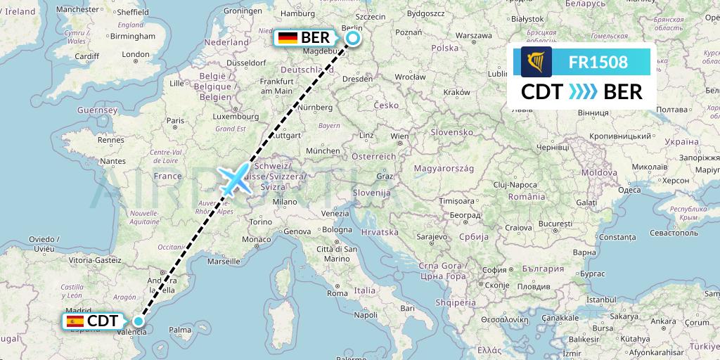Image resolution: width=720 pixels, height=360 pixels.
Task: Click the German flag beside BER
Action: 287,38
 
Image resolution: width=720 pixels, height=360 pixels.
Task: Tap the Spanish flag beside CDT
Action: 74,321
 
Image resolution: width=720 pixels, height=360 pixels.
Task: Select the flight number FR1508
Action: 598,62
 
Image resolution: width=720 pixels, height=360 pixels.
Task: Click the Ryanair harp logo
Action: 536,62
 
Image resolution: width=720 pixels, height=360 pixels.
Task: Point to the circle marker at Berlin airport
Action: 353,38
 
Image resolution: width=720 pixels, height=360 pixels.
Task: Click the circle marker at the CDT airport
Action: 139,321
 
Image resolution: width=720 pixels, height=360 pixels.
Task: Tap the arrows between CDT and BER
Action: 582,91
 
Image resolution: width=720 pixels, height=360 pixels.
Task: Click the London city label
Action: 136,55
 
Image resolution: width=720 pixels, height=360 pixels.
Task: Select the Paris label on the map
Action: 175,120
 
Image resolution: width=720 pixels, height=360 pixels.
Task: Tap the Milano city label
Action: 285,201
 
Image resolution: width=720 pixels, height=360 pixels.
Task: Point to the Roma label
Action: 337,293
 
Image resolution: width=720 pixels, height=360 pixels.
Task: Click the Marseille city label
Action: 224,261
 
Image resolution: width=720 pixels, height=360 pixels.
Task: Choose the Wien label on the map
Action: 399,136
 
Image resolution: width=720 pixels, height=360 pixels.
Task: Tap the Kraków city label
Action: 457,92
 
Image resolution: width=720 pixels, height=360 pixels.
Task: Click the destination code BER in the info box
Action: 623,91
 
